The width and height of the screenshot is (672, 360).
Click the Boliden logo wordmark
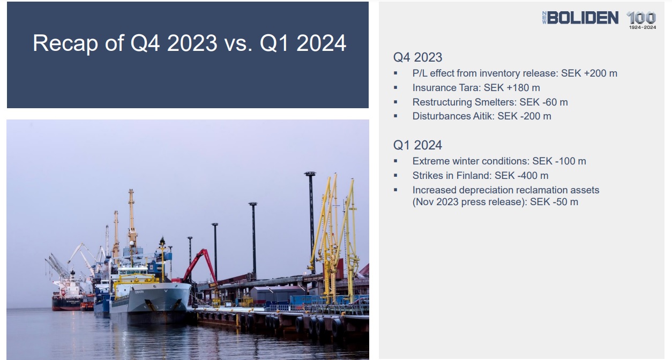pyautogui.click(x=580, y=18)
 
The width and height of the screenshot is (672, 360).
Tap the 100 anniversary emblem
pyautogui.click(x=641, y=20)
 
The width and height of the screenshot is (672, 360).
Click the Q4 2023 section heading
pyautogui.click(x=417, y=57)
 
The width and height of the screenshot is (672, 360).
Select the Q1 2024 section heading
pyautogui.click(x=417, y=145)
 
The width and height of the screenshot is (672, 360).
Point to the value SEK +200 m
pyautogui.click(x=589, y=73)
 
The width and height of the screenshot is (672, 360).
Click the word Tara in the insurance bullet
pyautogui.click(x=470, y=88)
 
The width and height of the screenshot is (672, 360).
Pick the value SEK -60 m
pyautogui.click(x=543, y=102)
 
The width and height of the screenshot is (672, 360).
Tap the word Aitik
pyautogui.click(x=483, y=116)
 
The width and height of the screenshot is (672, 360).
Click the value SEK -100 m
pyautogui.click(x=559, y=161)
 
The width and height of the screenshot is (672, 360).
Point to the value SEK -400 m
pyautogui.click(x=521, y=176)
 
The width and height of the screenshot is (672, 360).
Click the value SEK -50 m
pyautogui.click(x=554, y=202)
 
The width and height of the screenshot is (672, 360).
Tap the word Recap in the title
pyautogui.click(x=65, y=43)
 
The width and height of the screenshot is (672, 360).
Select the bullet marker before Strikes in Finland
pyautogui.click(x=395, y=176)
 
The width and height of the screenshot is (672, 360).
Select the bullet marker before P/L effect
pyautogui.click(x=395, y=73)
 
